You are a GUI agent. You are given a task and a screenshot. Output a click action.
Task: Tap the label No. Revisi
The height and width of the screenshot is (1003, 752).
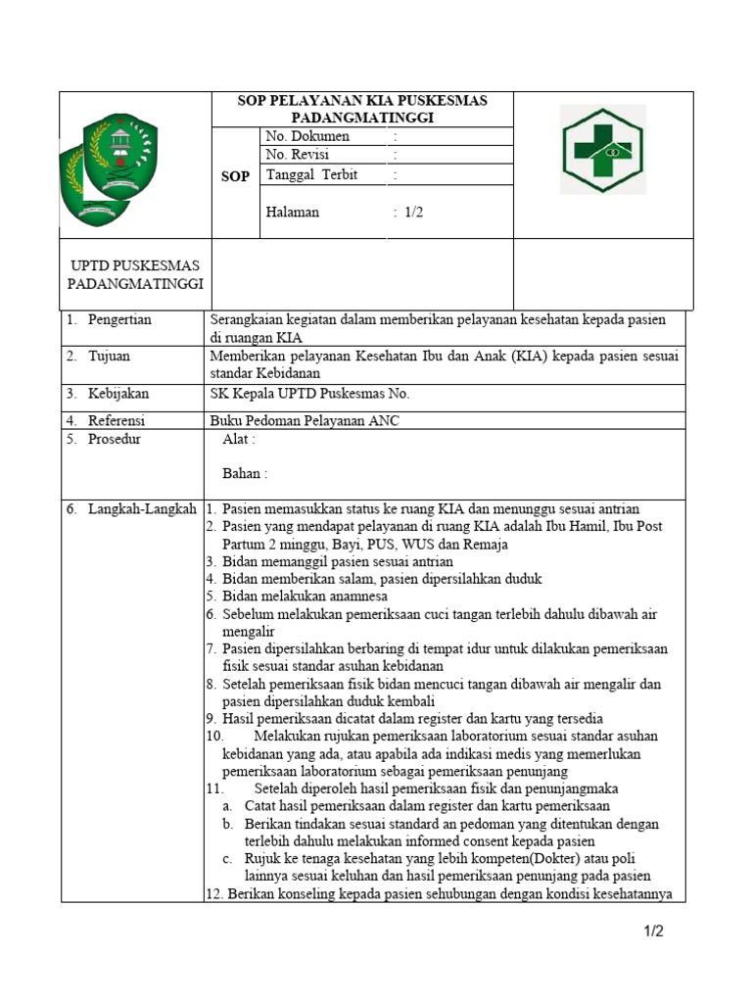tap(298, 155)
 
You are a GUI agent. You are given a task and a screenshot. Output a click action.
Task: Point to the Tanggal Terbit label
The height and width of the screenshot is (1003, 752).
tap(311, 175)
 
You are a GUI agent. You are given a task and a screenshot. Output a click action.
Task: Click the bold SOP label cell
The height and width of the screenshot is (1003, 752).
tap(235, 176)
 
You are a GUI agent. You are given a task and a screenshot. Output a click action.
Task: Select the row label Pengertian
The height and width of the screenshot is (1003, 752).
tap(119, 320)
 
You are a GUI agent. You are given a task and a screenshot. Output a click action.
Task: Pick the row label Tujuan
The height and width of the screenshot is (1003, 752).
tap(109, 357)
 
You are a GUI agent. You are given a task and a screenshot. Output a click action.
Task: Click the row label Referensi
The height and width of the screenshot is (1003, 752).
tap(117, 421)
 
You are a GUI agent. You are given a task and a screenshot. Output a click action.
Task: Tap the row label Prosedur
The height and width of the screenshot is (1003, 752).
tap(115, 440)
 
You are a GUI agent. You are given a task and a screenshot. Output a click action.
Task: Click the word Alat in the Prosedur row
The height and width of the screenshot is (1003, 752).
tap(238, 440)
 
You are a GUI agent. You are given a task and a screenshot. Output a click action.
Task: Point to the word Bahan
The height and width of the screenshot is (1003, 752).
tap(244, 474)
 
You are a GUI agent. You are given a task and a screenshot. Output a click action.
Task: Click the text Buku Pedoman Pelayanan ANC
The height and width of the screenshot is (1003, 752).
tap(305, 421)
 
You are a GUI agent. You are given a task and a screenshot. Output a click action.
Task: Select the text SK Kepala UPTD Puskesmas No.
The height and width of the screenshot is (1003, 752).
tap(309, 394)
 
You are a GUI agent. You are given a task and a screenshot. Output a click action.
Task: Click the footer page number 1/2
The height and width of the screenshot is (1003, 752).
tap(653, 931)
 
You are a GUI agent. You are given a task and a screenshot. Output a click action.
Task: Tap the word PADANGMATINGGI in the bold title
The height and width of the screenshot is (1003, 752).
tap(363, 118)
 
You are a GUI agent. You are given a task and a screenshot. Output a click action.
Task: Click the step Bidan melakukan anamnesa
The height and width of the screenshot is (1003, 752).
tap(305, 596)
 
